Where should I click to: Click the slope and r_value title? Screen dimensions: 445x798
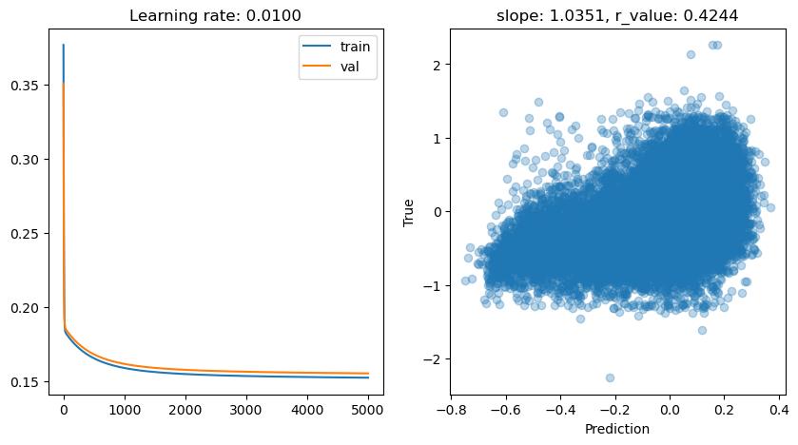tap(615, 16)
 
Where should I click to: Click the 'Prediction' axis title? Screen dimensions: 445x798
tap(615, 430)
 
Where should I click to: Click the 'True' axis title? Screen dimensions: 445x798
tap(409, 212)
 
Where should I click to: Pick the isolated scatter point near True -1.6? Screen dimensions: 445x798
tap(702, 330)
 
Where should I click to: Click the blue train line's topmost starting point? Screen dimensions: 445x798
tap(64, 45)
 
